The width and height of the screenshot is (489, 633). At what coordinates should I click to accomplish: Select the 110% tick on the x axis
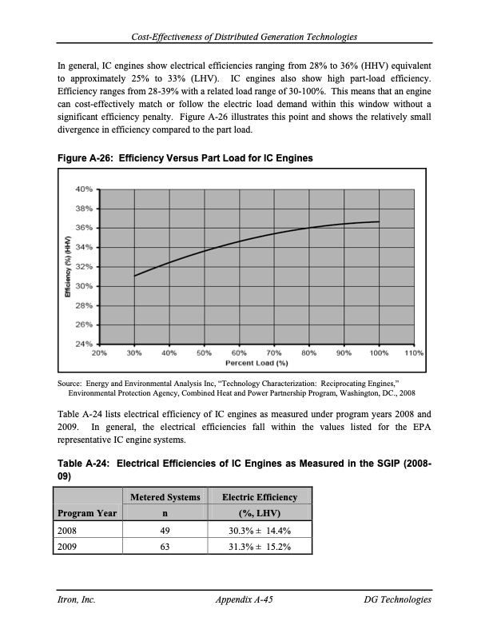click(413, 352)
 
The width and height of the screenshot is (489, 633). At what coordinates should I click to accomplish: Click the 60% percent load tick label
click(238, 352)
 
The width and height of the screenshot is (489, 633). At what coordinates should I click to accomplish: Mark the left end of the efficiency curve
click(135, 276)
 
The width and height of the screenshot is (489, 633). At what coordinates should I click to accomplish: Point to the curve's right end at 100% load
click(379, 221)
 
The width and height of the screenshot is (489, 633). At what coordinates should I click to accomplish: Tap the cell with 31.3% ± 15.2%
click(259, 547)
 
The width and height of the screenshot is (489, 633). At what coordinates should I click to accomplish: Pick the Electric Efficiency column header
click(259, 497)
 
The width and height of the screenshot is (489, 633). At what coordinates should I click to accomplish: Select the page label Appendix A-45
click(245, 599)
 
